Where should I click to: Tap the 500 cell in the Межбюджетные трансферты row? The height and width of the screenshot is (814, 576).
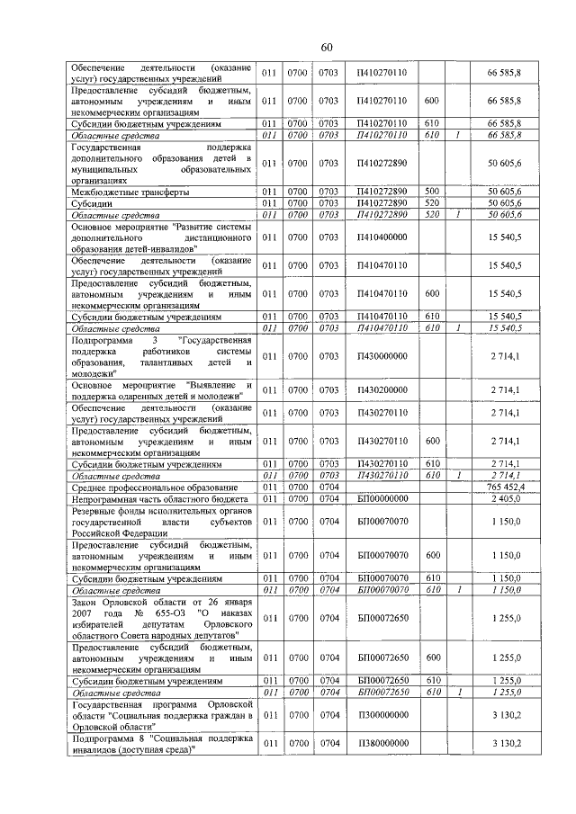click(431, 192)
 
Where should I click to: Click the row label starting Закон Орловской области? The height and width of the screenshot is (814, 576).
click(161, 619)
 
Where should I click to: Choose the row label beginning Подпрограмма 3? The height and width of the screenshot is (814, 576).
click(161, 357)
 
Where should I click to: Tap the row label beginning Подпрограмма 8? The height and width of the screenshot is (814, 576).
click(161, 745)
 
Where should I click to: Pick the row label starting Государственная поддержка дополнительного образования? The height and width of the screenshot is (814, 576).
click(161, 163)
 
